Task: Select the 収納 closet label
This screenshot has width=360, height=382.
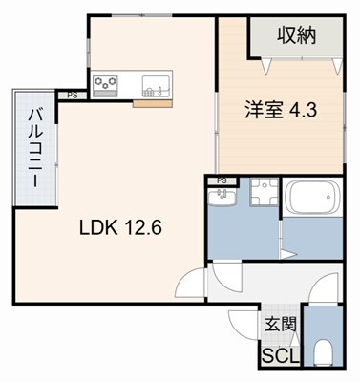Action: coord(297,37)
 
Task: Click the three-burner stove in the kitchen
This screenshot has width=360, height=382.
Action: coord(106,84)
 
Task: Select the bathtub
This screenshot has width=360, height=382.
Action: coord(311,200)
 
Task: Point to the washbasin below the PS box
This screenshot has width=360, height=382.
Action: coord(222,199)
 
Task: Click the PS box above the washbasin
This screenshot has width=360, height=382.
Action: coord(222,180)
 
